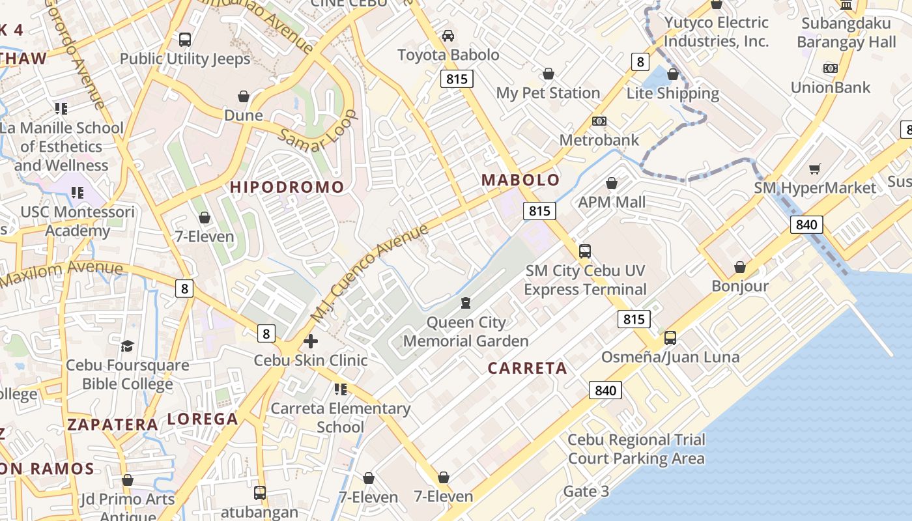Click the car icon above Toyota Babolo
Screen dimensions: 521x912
[x=448, y=35]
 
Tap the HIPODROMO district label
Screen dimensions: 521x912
[x=287, y=187]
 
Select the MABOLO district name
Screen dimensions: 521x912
[x=520, y=180]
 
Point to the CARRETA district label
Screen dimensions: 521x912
[x=527, y=368]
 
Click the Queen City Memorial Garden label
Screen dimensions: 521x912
[x=466, y=331]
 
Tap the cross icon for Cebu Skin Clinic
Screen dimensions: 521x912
[x=311, y=341]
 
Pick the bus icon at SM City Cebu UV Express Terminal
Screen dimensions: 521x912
[x=585, y=251]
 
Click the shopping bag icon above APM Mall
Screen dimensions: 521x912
[x=611, y=184]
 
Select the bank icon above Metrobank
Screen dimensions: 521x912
[x=599, y=121]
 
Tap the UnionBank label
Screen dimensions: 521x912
[x=830, y=87]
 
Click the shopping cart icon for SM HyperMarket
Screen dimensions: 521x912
[x=814, y=169]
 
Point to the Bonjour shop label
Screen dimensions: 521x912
[x=740, y=286]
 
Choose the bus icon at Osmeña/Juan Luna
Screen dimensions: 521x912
[x=670, y=338]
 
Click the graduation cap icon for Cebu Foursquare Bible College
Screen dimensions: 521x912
[x=127, y=346]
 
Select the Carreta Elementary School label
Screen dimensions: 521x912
[x=340, y=417]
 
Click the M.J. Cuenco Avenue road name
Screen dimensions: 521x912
[x=370, y=272]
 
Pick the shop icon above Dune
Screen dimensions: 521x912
[x=244, y=97]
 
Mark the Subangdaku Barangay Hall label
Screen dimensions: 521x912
[x=846, y=33]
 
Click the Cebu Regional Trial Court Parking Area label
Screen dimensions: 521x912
[x=636, y=449]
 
